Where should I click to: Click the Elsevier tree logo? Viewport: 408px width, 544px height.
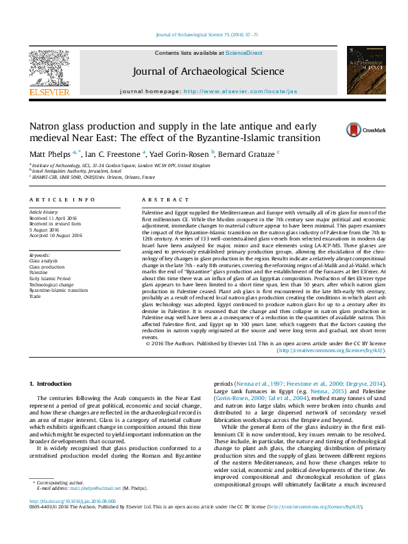click(49, 69)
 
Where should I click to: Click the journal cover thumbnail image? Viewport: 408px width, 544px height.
click(365, 69)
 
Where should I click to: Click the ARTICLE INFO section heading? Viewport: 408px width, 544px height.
click(62, 199)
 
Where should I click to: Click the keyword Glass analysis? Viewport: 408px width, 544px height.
click(43, 260)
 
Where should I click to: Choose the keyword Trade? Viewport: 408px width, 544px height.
click(35, 297)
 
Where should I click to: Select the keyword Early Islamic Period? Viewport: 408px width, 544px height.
click(49, 279)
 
